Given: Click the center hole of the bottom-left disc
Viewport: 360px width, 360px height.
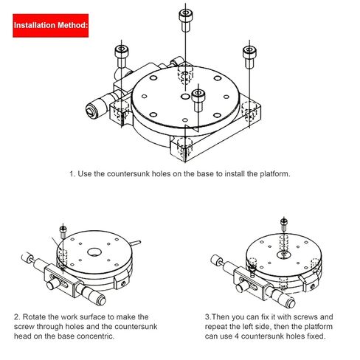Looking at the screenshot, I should click(x=96, y=254).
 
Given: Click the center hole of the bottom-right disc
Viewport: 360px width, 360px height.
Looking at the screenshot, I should click(x=283, y=255).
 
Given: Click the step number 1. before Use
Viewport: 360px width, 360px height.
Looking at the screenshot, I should click(x=72, y=175).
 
